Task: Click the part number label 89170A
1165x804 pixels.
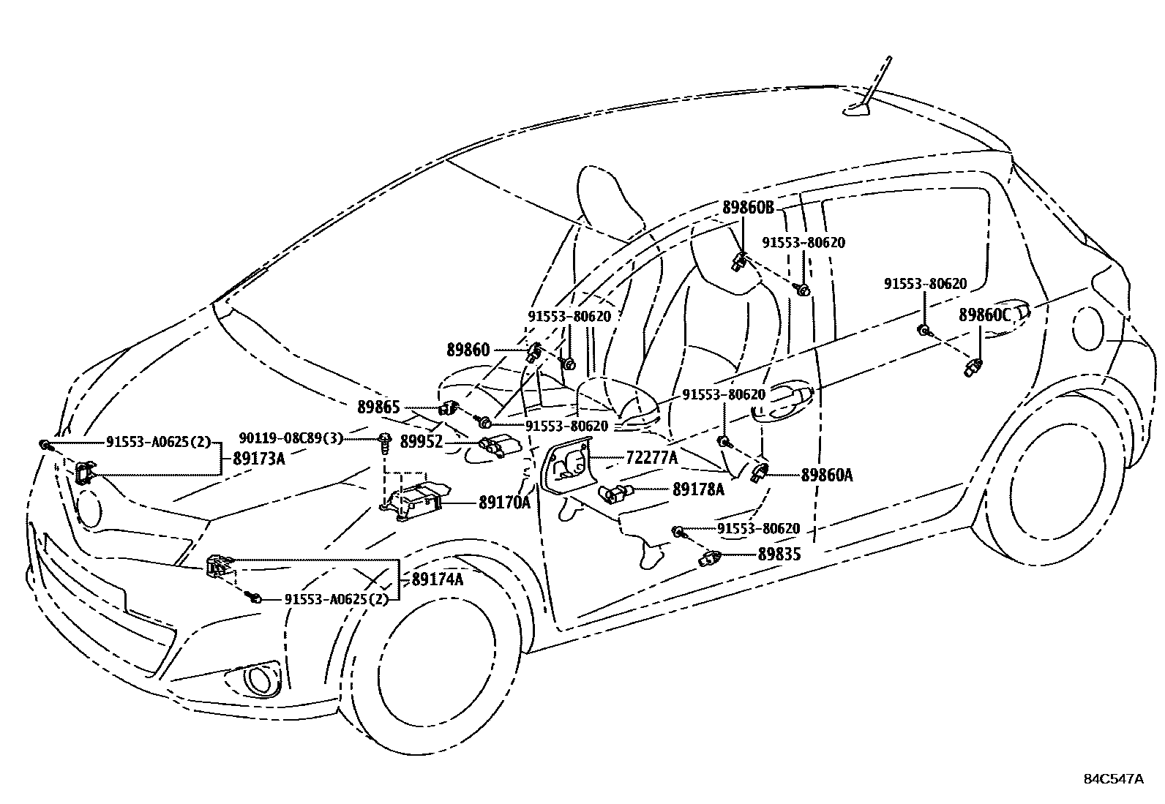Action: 505,503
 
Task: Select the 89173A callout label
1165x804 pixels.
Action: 258,459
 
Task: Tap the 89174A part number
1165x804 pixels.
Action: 438,579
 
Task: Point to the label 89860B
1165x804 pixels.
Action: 748,207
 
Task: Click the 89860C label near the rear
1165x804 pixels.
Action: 984,315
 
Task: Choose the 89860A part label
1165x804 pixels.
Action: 826,475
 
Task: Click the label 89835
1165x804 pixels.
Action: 779,555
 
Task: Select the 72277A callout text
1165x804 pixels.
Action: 652,458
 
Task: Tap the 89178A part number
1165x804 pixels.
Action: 698,489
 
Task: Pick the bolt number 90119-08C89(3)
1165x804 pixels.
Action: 291,438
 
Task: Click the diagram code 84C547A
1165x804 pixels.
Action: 1113,778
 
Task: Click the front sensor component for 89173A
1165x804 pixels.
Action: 84,473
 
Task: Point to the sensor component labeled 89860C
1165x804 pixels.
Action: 974,366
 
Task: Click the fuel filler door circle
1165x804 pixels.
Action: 1090,328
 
